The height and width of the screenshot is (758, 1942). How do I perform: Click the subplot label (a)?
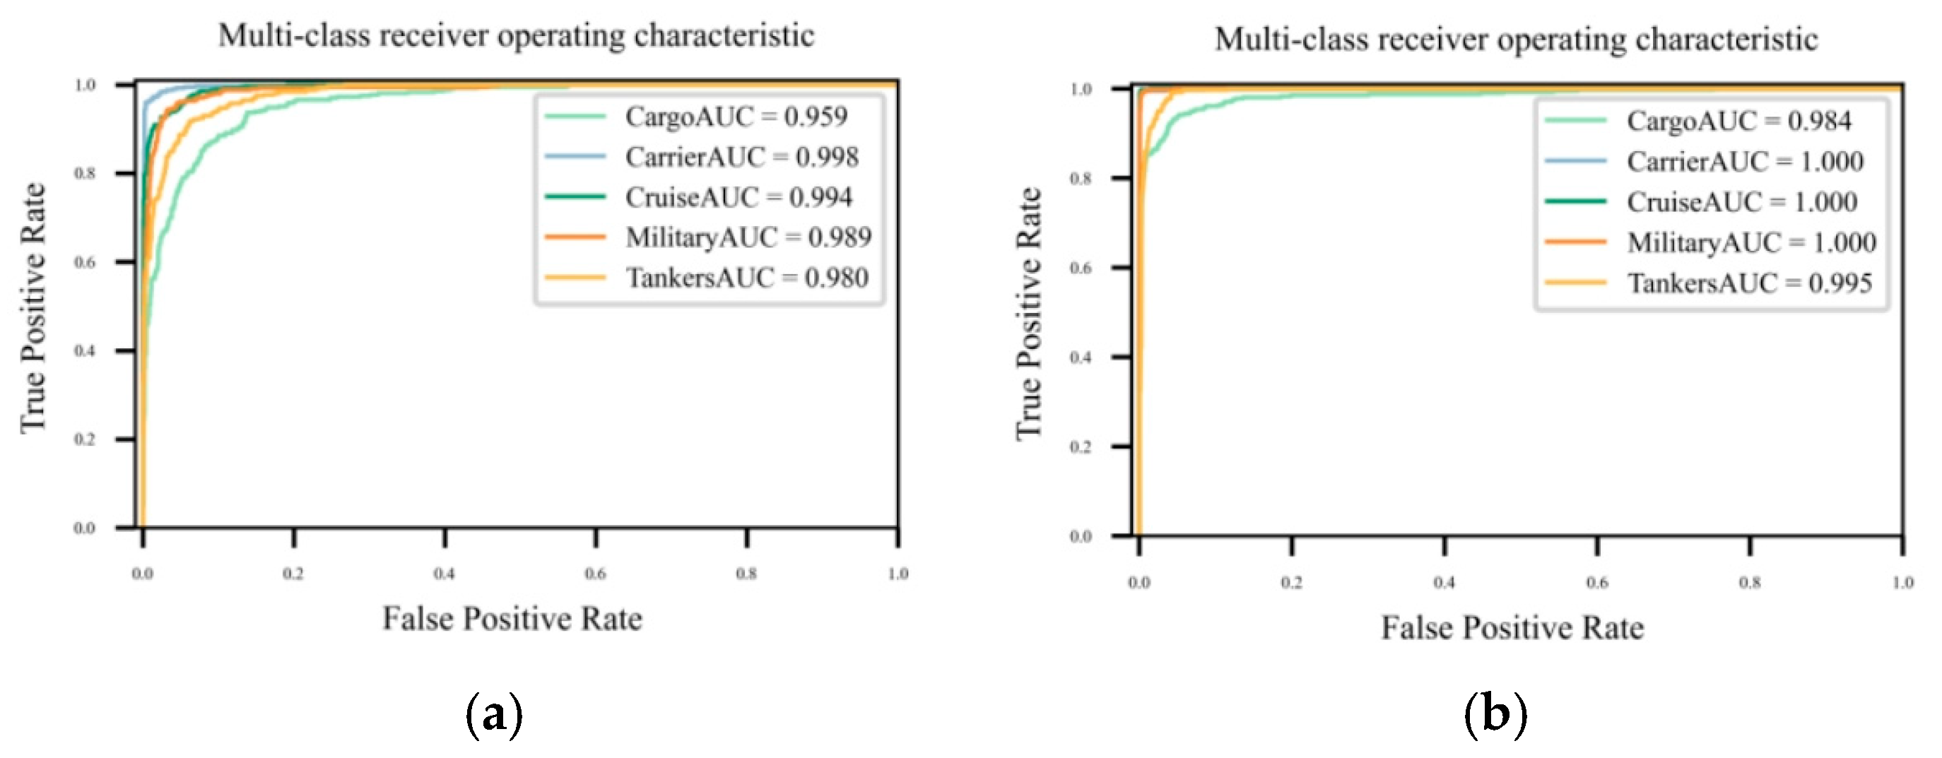[494, 713]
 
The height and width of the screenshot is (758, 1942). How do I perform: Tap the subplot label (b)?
[1495, 713]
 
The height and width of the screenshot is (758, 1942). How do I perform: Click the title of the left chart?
[517, 35]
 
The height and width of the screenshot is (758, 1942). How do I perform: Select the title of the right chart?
[1516, 39]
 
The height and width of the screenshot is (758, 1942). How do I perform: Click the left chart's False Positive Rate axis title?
[512, 619]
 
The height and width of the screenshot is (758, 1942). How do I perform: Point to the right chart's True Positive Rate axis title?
[1028, 314]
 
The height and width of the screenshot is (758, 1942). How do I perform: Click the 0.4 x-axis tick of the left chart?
[445, 574]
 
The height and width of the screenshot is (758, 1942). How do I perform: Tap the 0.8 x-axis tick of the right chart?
[1750, 582]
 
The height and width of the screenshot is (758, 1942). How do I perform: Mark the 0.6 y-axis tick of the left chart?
[84, 262]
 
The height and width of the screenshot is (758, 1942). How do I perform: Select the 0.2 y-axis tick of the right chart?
[1081, 446]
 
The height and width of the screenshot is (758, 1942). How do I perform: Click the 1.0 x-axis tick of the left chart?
[897, 574]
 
